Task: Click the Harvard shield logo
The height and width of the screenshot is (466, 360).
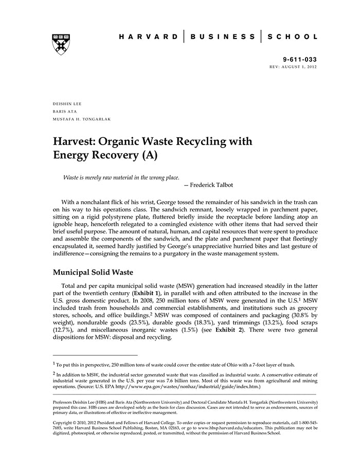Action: click(x=61, y=44)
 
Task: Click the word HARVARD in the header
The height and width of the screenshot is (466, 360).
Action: click(x=147, y=37)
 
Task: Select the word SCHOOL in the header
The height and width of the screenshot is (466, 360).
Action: click(x=294, y=37)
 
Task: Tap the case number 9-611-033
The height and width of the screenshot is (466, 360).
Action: click(x=300, y=60)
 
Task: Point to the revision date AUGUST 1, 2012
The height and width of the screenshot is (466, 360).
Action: click(x=300, y=67)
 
